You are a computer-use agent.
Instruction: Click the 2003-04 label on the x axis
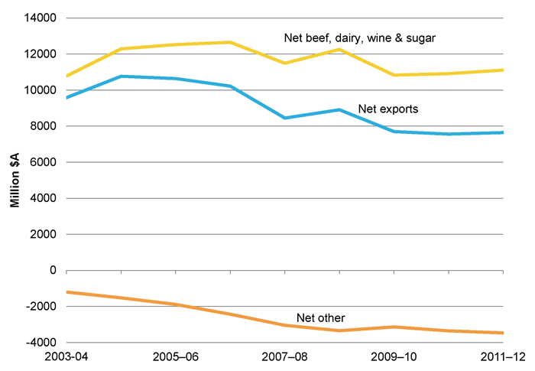point(67,357)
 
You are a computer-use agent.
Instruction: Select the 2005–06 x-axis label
point(177,357)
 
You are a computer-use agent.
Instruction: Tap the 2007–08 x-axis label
point(285,357)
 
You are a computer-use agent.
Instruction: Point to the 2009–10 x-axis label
point(394,357)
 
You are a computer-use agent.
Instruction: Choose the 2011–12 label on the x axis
point(501,357)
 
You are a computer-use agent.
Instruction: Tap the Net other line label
point(320,317)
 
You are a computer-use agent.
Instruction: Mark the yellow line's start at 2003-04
point(67,76)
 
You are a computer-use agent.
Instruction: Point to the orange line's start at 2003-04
point(67,291)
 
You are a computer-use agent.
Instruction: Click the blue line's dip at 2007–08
point(285,118)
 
